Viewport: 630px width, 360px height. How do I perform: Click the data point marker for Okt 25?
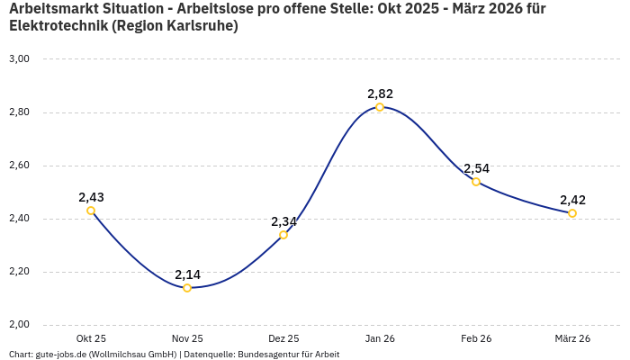(x=91, y=211)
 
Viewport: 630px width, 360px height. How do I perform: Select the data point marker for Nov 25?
(x=187, y=288)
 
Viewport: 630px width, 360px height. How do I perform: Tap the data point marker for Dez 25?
(x=283, y=235)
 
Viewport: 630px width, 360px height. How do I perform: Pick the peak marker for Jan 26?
(x=380, y=107)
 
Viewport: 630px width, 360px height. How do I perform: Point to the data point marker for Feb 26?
(x=476, y=182)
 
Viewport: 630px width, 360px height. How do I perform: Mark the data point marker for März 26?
(x=572, y=213)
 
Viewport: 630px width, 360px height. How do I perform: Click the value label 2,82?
(x=380, y=94)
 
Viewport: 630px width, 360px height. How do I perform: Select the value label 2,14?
(x=187, y=274)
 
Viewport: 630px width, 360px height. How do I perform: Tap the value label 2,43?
(x=91, y=197)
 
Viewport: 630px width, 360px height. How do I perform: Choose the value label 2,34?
(x=283, y=221)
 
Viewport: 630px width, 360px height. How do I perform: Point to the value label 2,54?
(x=476, y=168)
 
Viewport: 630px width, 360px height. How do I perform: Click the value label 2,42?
(x=572, y=200)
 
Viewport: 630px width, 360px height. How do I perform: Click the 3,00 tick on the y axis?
(x=19, y=59)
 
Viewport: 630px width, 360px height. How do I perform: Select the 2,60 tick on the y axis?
(x=19, y=166)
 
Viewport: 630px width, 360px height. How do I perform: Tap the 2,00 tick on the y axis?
(x=19, y=325)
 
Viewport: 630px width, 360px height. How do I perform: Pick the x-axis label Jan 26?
(x=380, y=338)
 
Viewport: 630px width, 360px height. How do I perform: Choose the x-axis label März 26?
(x=572, y=338)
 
